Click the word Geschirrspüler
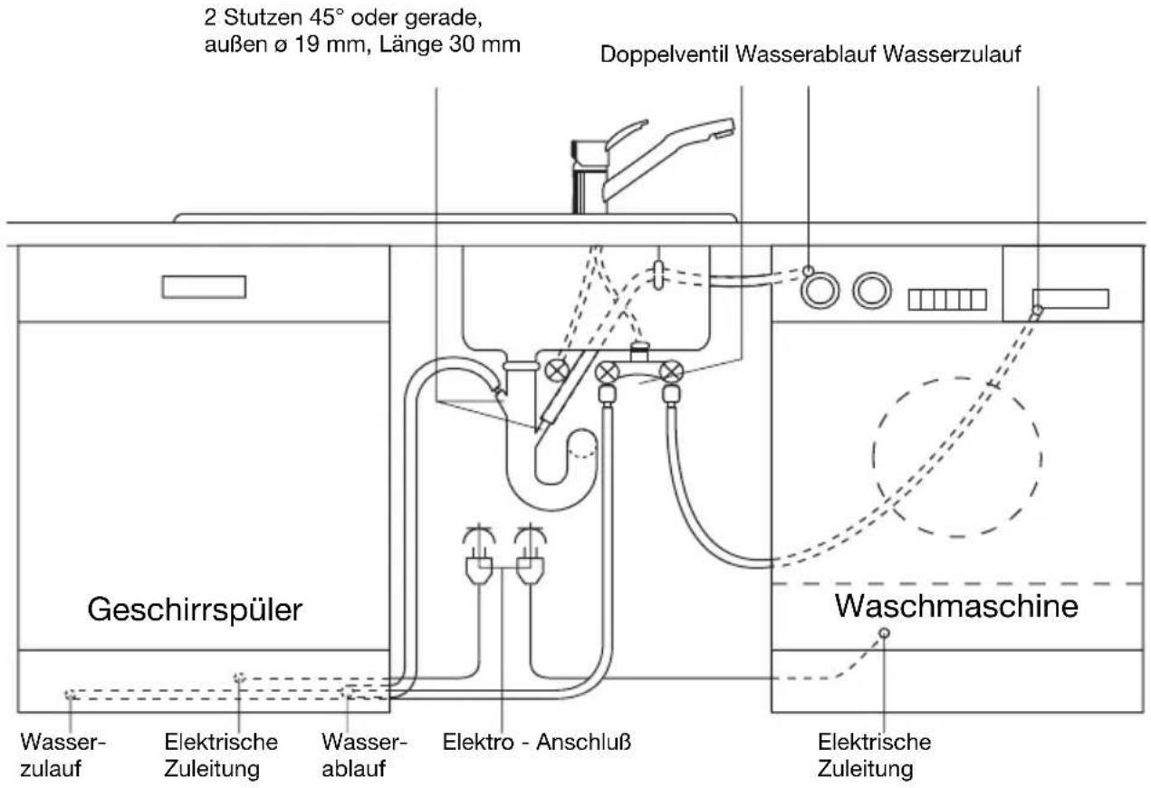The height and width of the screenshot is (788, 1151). pos(195,610)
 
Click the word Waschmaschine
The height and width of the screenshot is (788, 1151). pos(956,606)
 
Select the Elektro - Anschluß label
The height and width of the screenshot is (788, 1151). pos(537,742)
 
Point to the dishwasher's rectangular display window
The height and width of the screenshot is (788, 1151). pos(204,287)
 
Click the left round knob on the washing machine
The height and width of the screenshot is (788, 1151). pos(820,291)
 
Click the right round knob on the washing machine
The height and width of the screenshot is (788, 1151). pos(872,291)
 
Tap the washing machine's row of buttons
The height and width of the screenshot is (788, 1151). pos(947,300)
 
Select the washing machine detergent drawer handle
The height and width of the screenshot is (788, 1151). pos(1070,299)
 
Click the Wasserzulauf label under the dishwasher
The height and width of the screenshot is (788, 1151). pos(62,755)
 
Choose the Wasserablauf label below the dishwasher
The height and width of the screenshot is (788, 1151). pos(364,755)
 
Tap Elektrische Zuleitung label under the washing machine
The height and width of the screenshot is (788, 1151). pos(874,755)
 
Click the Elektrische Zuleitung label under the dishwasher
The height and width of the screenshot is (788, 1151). pos(221,755)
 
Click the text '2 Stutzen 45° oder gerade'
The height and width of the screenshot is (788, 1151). pos(343,18)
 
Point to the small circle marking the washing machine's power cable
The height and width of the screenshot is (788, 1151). pos(884,633)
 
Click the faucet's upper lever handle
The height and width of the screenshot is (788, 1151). pos(626,135)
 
